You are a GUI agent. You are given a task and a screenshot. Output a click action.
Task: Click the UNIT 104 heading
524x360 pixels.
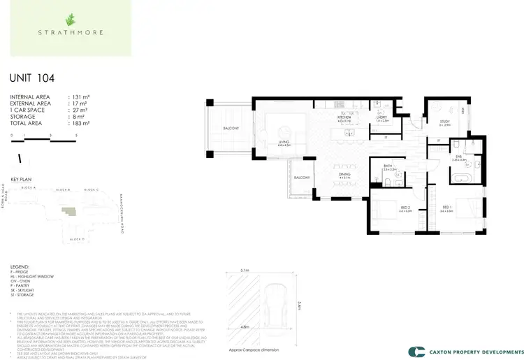click(x=31, y=78)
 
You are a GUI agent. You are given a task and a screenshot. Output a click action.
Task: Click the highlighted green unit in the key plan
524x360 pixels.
click(x=68, y=210)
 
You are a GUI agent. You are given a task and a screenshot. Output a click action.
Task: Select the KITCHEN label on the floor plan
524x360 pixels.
click(x=344, y=117)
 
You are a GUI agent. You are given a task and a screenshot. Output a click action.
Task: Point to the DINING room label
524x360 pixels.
click(x=344, y=174)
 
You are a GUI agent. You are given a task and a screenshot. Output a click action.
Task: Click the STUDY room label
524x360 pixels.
click(x=444, y=122)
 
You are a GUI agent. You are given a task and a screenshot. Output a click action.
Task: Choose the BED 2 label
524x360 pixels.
click(x=386, y=208)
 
